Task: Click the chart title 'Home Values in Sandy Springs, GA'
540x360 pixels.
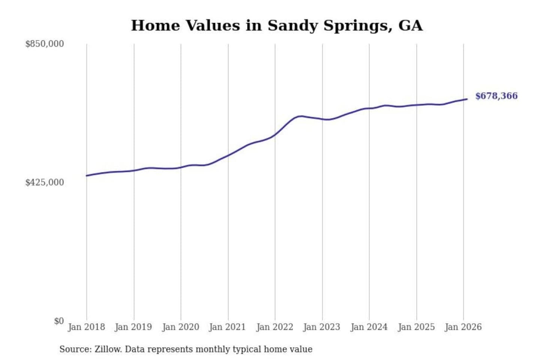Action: pos(277,25)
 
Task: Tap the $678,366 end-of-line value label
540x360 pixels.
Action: pos(496,96)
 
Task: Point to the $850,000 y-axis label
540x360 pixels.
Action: pos(45,44)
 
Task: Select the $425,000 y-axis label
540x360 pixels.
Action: pos(45,183)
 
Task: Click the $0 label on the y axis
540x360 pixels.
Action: pos(59,321)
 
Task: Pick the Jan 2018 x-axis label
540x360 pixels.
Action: pos(86,327)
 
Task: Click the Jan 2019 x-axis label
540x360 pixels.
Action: pos(133,327)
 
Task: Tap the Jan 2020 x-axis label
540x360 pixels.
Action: pos(180,327)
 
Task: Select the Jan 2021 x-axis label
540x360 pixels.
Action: pos(227,327)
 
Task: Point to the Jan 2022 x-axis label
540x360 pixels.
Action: pos(274,327)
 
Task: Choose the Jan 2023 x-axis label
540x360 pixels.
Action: pos(321,327)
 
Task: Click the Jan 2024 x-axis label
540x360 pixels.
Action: pos(369,327)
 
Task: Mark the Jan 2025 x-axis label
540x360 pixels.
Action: pos(416,327)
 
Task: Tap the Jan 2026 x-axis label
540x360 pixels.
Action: pos(463,327)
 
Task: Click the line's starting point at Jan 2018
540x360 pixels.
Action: pos(87,175)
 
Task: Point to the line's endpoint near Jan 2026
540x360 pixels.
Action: pos(467,99)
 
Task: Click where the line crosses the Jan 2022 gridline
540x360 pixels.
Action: pos(275,135)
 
